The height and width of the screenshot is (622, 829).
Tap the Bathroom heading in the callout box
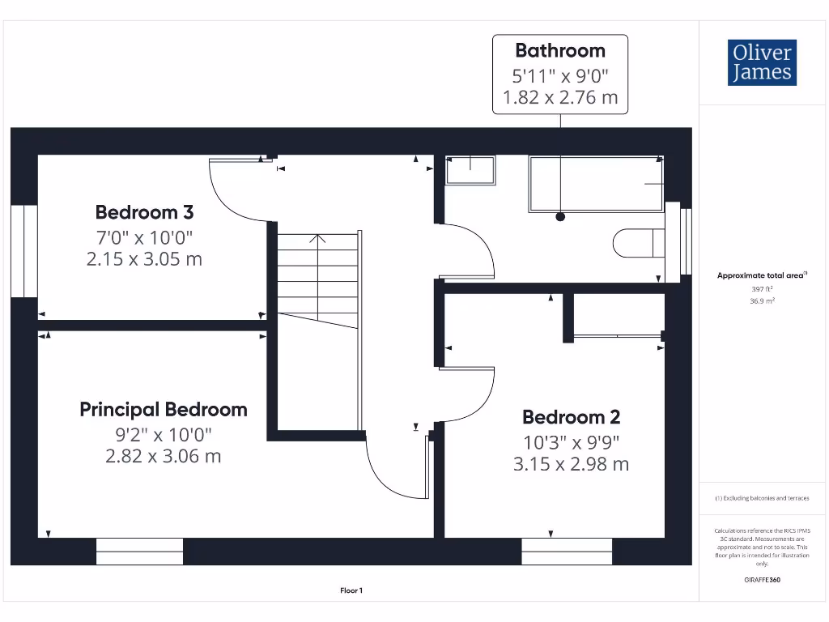coord(560,50)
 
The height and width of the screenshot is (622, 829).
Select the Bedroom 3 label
coord(144,212)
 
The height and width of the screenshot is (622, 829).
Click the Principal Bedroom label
coord(164,409)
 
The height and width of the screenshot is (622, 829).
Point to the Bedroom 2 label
coord(571,417)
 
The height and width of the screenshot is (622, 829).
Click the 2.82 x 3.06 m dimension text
coord(164,456)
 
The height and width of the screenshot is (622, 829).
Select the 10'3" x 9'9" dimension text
coord(571,442)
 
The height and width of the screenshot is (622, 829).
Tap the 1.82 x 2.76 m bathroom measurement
coord(560,98)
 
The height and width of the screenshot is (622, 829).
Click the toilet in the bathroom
coord(638,243)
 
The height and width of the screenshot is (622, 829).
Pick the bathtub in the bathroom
coord(596,184)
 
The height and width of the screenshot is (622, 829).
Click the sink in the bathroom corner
coord(470,170)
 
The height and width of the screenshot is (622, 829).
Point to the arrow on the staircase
coord(317,238)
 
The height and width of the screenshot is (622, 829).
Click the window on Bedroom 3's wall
coord(25,251)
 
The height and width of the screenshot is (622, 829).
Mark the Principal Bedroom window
coord(139,552)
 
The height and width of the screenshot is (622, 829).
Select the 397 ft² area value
coord(762,288)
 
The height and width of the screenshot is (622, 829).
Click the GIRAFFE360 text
coord(762,580)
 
